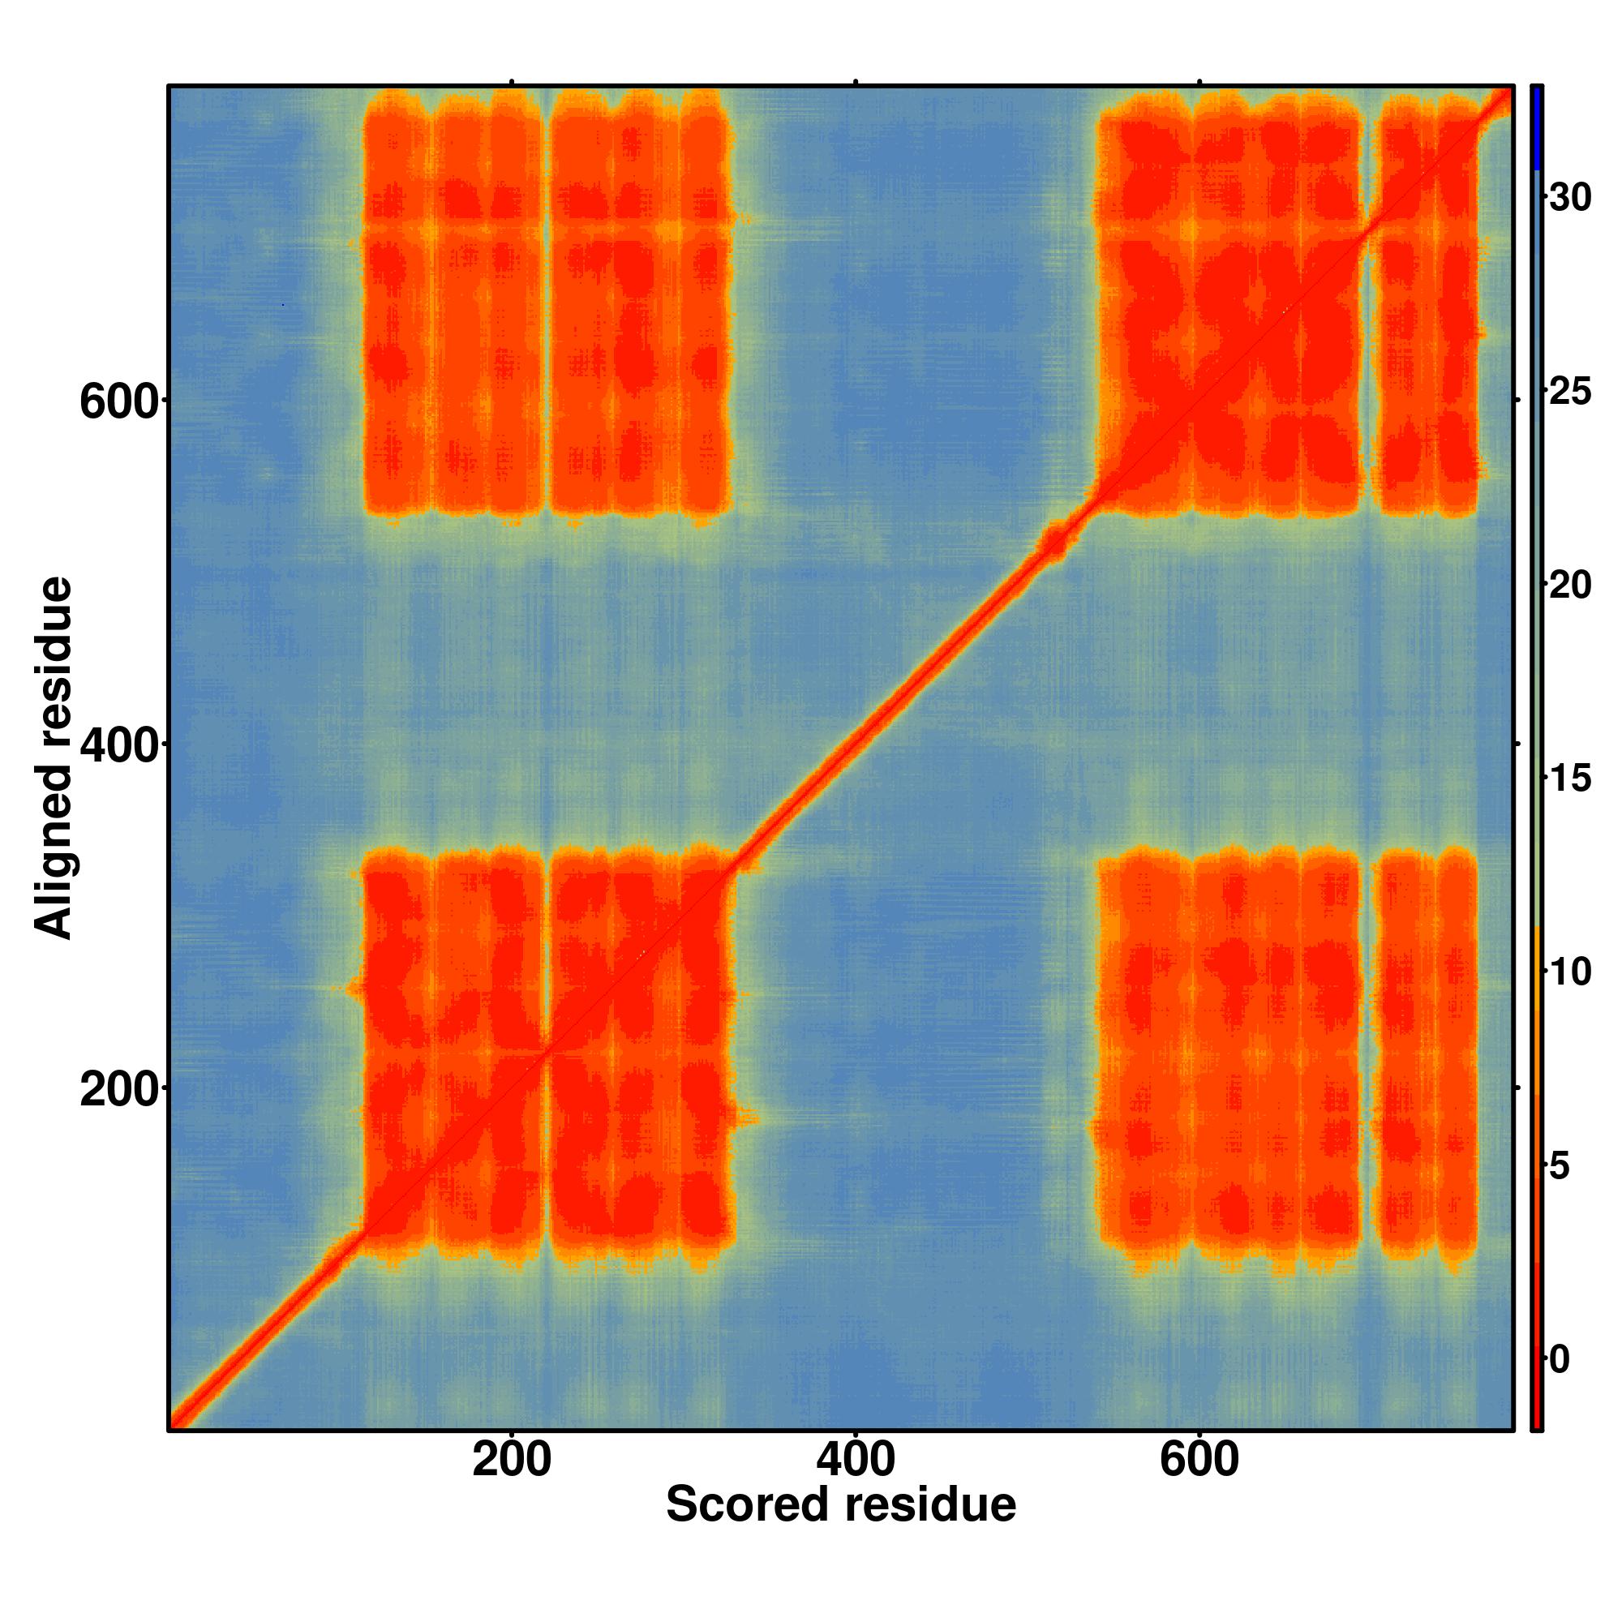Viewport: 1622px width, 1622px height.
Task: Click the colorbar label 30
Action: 1570,198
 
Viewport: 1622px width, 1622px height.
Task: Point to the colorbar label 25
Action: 1570,393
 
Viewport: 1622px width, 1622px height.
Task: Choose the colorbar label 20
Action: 1570,586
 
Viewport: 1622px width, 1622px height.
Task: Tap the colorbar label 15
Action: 1570,779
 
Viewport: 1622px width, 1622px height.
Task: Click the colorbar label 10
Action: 1570,972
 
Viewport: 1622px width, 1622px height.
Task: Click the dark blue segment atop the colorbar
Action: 1535,126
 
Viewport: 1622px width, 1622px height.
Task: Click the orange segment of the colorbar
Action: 1535,1007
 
